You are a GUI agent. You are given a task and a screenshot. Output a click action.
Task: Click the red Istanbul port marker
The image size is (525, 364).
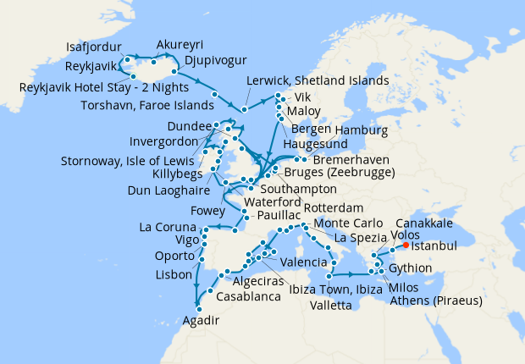(406, 245)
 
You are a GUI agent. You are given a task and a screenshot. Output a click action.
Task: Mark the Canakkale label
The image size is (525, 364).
(423, 222)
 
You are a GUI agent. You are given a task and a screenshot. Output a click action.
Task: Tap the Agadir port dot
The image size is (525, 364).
(199, 308)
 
